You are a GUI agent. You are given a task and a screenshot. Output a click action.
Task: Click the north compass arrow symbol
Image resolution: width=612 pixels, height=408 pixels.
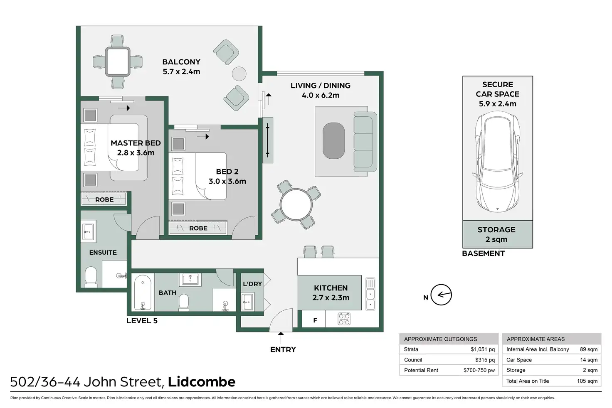point(441,295)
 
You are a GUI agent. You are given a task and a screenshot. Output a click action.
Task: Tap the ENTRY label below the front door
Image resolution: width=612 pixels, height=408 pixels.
point(283,349)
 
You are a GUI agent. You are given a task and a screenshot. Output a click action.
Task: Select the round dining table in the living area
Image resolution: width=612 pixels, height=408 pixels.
point(296,204)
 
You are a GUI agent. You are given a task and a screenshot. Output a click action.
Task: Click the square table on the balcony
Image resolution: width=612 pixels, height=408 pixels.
point(118,62)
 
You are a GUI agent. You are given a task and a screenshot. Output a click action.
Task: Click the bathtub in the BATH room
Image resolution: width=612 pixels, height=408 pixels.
point(143,292)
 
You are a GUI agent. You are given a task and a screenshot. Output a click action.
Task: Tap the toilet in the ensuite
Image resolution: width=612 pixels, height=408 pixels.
point(91,277)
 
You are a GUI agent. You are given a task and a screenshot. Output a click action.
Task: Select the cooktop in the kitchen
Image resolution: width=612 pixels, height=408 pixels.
point(344,319)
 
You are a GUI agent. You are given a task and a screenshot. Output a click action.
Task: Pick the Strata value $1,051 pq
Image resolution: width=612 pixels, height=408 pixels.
point(483,349)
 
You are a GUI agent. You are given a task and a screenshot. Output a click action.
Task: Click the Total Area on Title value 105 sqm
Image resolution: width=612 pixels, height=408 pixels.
point(587,381)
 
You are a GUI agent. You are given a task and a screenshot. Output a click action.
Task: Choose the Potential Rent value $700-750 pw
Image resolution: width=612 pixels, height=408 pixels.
point(479,370)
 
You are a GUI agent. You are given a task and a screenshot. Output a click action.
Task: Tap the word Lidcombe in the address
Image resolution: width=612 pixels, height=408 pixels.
point(202,382)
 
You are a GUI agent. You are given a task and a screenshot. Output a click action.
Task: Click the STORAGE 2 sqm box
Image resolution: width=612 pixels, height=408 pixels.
point(498,234)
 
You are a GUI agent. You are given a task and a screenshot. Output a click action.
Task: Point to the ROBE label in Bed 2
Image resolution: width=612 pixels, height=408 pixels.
point(198,228)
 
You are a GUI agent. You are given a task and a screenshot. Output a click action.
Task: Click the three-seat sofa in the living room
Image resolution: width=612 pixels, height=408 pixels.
point(365,142)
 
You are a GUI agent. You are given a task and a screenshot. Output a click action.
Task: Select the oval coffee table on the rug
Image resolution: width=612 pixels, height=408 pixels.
point(333,141)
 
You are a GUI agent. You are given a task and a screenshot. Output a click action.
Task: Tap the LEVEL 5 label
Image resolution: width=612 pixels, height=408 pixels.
point(142,321)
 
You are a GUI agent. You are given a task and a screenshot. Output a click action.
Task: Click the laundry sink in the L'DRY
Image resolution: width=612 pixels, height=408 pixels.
point(248,302)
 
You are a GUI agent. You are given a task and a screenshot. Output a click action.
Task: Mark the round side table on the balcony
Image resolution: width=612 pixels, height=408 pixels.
point(239,74)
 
